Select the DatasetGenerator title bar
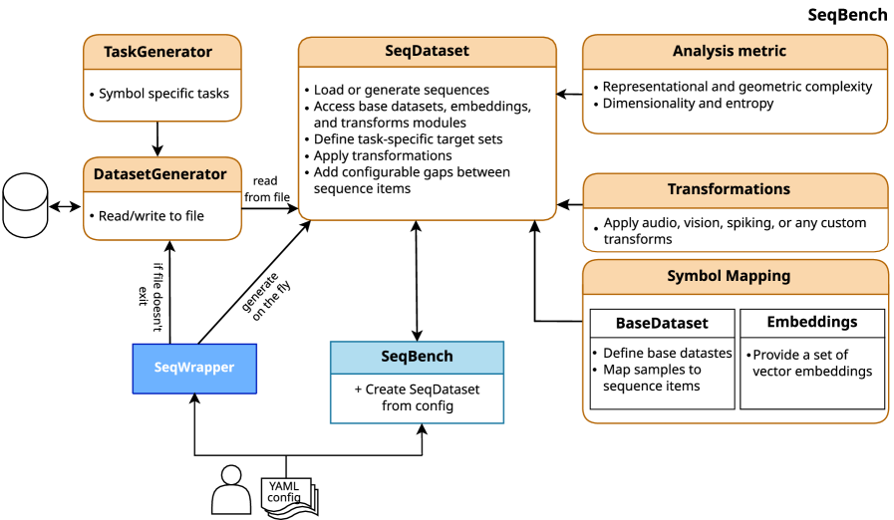click(161, 174)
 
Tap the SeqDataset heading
click(427, 52)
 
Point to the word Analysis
click(704, 51)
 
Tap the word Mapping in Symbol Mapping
click(757, 276)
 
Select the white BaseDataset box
click(662, 323)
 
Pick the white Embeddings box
click(811, 323)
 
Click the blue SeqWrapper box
click(194, 368)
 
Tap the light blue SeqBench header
click(417, 357)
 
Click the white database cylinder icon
click(26, 206)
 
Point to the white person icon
click(231, 490)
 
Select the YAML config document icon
click(289, 496)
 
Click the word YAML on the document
click(283, 486)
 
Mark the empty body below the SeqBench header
click(417, 398)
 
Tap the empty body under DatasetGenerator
click(161, 216)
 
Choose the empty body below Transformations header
click(734, 230)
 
